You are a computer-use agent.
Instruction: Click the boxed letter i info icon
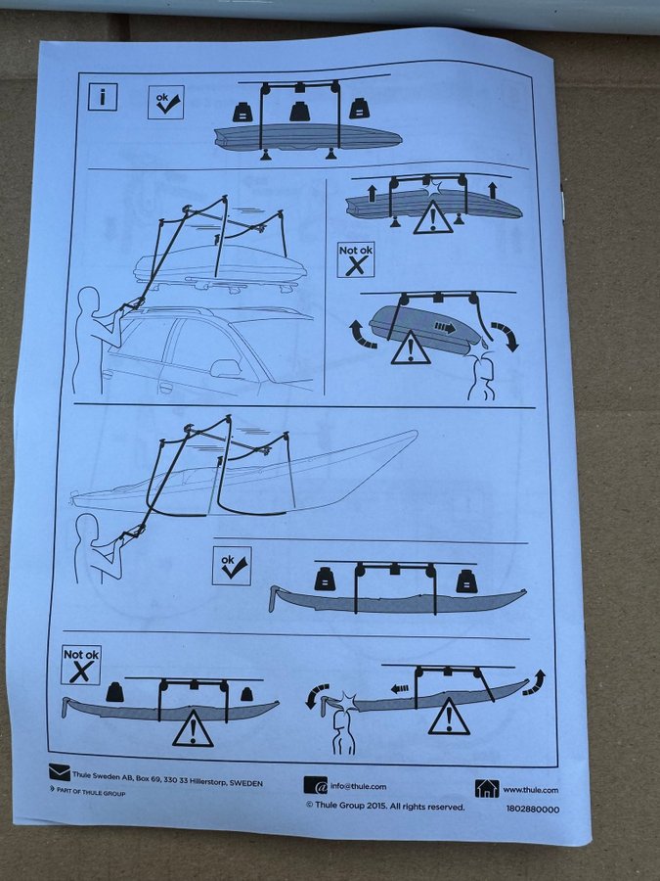(x=103, y=97)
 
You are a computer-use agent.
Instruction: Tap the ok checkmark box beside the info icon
(x=166, y=102)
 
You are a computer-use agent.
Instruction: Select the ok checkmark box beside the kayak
(x=232, y=565)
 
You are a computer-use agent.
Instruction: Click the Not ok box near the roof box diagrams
(x=356, y=259)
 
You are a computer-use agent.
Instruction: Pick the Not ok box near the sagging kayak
(x=81, y=665)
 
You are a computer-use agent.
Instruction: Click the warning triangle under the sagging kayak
(x=193, y=728)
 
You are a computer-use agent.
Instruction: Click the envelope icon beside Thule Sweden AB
(x=59, y=772)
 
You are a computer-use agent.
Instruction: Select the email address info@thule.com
(x=358, y=787)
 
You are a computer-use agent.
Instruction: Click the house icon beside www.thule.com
(x=487, y=788)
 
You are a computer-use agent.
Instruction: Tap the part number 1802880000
(x=533, y=810)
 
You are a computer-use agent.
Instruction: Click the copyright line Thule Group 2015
(x=385, y=807)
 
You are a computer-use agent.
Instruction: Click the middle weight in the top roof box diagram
(x=298, y=112)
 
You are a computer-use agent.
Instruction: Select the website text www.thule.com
(x=530, y=789)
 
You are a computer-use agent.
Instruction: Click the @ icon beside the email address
(x=316, y=785)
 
